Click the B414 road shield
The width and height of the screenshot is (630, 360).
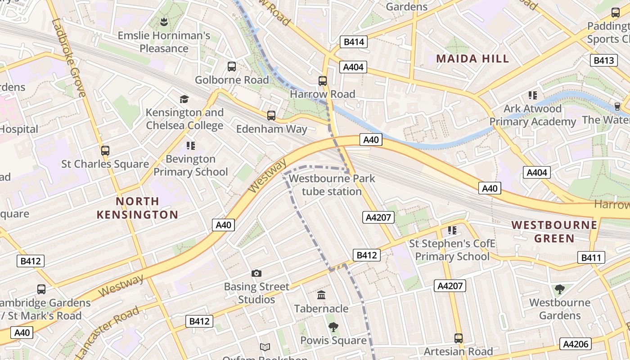coord(353,42)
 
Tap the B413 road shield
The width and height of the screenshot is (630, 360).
coord(603,60)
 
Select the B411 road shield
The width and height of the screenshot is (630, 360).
coord(591,258)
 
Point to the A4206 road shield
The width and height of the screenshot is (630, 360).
coord(576,344)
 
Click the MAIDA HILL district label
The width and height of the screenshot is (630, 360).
coord(472,58)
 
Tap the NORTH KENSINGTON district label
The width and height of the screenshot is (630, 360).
coord(138,208)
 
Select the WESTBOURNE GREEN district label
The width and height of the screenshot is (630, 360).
coord(554,231)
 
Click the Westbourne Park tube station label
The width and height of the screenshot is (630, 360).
coord(332,185)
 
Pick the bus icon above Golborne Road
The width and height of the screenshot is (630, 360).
coord(232,67)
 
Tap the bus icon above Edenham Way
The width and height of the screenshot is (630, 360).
coord(271,116)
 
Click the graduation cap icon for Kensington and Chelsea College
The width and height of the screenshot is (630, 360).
coord(184,99)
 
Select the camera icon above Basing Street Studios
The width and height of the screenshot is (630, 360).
coord(256,273)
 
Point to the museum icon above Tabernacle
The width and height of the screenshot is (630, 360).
coord(321,295)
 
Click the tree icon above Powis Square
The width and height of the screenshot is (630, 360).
coord(333,327)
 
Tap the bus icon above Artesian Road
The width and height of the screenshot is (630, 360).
coord(459,338)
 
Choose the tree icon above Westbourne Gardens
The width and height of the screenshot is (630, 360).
coord(560,289)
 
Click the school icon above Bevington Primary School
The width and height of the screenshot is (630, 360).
coord(191,145)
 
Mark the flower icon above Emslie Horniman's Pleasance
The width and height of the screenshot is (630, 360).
coord(164,22)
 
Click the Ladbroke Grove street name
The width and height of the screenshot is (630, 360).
coord(69,58)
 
